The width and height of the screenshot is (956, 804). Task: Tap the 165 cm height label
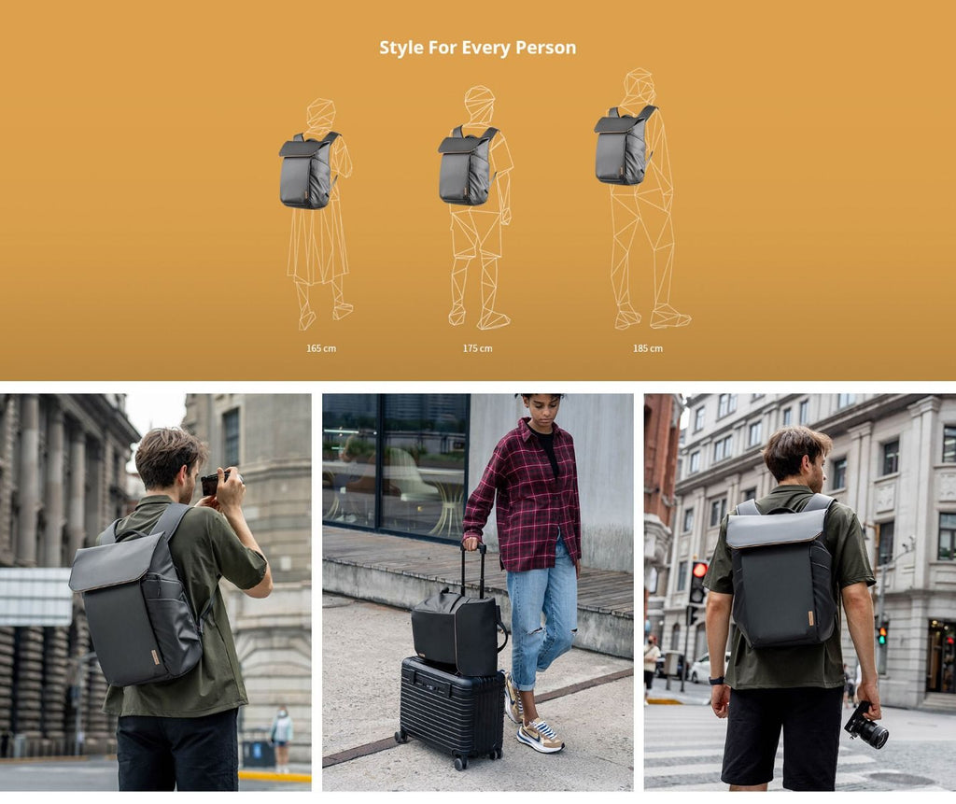pyautogui.click(x=321, y=348)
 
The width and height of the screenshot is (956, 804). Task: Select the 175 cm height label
pyautogui.click(x=477, y=348)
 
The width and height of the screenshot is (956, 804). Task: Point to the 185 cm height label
pyautogui.click(x=648, y=348)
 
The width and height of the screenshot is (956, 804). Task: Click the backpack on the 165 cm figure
pyautogui.click(x=308, y=171)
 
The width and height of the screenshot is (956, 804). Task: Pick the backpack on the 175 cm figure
pyautogui.click(x=467, y=166)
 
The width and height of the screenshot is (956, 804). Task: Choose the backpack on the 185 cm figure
pyautogui.click(x=623, y=146)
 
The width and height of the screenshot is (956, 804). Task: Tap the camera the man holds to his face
pyautogui.click(x=214, y=482)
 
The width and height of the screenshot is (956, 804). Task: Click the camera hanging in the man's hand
pyautogui.click(x=866, y=726)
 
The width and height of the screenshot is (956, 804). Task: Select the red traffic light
pyautogui.click(x=700, y=570)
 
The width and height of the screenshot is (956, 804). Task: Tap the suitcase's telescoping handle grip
pyautogui.click(x=473, y=547)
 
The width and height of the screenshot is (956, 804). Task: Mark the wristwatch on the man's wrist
pyautogui.click(x=716, y=681)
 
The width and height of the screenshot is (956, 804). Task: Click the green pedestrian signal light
pyautogui.click(x=881, y=639)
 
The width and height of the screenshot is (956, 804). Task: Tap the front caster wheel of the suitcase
pyautogui.click(x=461, y=762)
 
